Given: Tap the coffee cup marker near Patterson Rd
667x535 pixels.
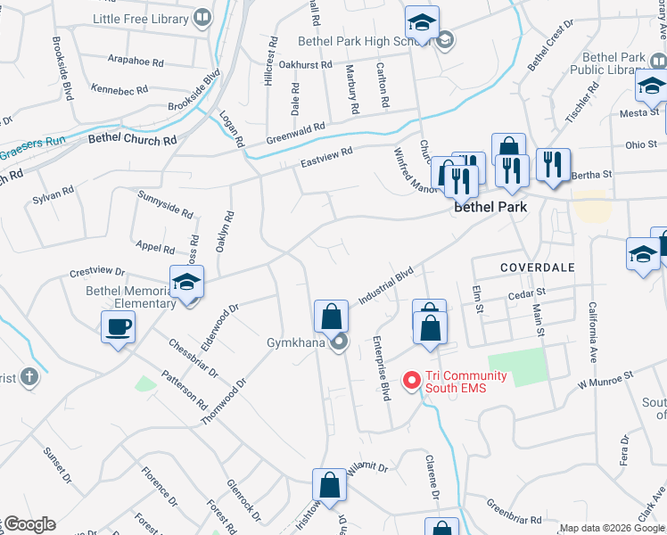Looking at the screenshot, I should click(118, 327).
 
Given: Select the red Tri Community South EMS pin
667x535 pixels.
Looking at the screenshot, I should click(412, 381).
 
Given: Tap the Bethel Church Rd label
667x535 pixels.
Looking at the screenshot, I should click(132, 140).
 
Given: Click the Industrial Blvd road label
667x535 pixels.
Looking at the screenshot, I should click(387, 284).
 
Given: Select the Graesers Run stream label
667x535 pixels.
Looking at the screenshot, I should click(33, 146).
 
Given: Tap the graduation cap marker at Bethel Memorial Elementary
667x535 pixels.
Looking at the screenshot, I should click(187, 283).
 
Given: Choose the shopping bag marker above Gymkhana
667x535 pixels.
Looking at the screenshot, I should click(331, 316).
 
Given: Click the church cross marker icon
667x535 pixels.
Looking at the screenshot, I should click(29, 376).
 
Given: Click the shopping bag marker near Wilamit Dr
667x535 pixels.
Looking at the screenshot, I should click(329, 486).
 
